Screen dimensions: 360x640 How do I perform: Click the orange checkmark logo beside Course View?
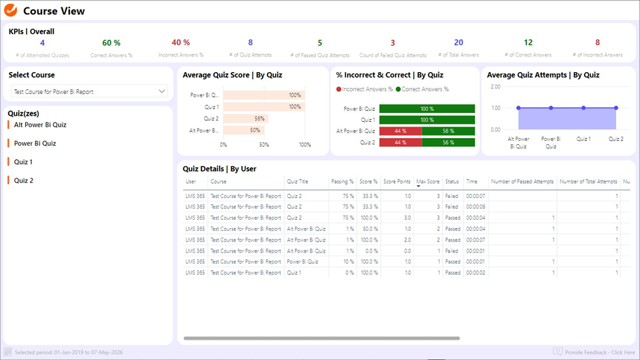tap(11, 11)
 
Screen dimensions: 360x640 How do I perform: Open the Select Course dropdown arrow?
tap(161, 91)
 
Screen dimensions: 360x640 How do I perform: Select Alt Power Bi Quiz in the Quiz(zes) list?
tap(40, 125)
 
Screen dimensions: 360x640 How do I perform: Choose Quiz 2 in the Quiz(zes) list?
tap(24, 180)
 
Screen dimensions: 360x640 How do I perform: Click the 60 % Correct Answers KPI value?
tap(111, 43)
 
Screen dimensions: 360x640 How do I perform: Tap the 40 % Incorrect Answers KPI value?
tap(180, 43)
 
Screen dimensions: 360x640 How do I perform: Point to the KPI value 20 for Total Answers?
tap(458, 43)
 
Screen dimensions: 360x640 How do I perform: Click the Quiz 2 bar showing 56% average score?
tap(245, 118)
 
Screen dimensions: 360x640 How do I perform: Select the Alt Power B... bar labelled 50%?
tap(241, 130)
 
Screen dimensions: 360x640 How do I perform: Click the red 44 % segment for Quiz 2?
tap(400, 142)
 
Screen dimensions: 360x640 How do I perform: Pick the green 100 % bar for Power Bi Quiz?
tap(427, 109)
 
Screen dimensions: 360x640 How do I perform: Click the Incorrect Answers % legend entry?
tap(365, 89)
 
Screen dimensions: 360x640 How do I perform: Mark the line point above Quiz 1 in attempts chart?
tap(583, 108)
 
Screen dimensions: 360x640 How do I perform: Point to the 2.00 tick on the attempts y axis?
tap(495, 87)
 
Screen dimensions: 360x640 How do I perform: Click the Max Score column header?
tap(428, 182)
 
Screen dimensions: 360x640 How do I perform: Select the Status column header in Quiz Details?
tap(452, 182)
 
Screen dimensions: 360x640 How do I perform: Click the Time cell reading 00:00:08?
tap(475, 207)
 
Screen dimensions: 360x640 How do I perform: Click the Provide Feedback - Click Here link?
tap(599, 353)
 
